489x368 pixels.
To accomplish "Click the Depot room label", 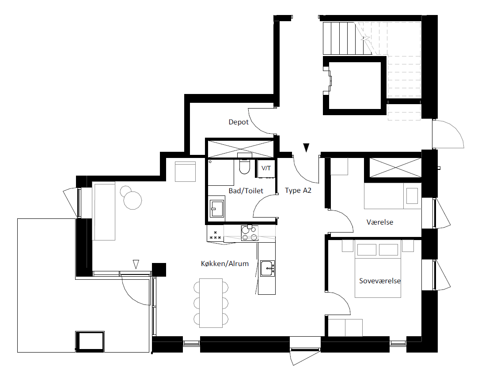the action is (238, 122).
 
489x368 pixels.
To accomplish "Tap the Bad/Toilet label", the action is (246, 191).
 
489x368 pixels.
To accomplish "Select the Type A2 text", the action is (298, 190).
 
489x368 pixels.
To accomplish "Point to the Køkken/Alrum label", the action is (224, 263).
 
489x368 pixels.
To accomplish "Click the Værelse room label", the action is (379, 222).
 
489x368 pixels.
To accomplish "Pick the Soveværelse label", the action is (379, 281).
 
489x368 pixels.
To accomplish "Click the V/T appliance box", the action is (266, 169).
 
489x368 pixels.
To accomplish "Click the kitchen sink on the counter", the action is (267, 268).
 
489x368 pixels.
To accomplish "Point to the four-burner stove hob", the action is (250, 233).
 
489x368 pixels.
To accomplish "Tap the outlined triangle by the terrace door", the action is (136, 264).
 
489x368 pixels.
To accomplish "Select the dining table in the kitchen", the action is (211, 303).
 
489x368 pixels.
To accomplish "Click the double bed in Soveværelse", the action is (378, 268).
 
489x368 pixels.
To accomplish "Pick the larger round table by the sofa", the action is (133, 200).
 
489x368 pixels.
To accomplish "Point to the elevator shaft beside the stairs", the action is (355, 86).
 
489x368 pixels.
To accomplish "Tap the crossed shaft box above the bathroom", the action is (240, 149).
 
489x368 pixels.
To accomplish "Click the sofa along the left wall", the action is (104, 211).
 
